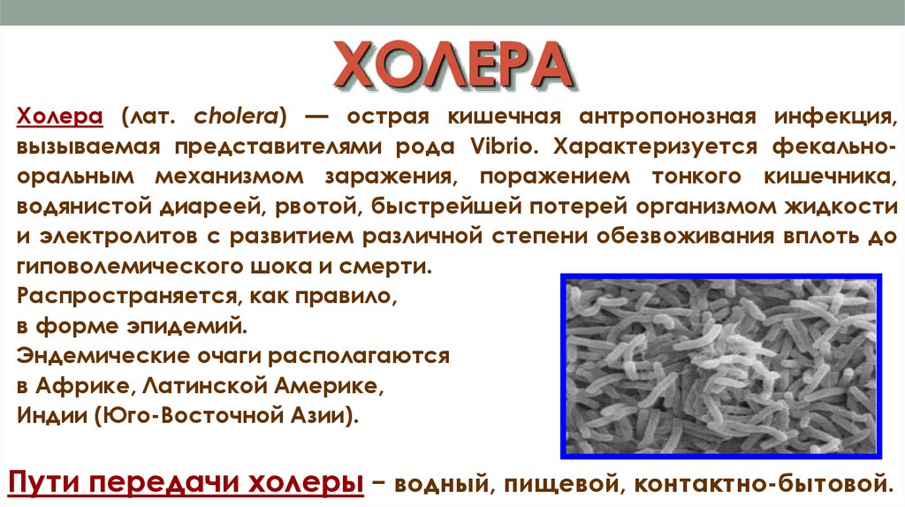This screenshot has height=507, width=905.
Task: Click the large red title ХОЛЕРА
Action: [x=453, y=64]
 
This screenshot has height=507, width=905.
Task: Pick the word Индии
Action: [x=52, y=415]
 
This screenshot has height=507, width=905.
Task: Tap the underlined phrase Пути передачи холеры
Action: [x=186, y=483]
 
